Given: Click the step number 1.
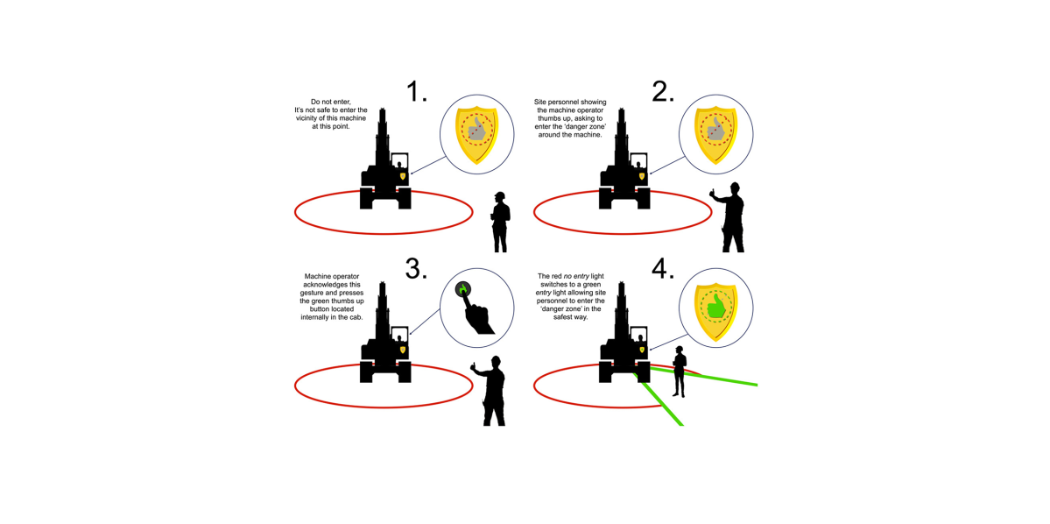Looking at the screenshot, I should (x=418, y=92).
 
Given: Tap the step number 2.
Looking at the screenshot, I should (x=663, y=92).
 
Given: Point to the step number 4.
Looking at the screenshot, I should (x=663, y=268).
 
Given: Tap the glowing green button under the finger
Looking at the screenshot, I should (x=463, y=290).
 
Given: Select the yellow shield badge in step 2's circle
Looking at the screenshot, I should (x=715, y=133).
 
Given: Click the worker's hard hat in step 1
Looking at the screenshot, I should (x=500, y=195).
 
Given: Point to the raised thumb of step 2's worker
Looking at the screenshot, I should (x=713, y=189).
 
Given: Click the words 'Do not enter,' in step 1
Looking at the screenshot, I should (x=330, y=102).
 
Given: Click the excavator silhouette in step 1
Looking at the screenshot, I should (x=384, y=171).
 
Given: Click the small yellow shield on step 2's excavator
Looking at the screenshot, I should (x=642, y=176).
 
